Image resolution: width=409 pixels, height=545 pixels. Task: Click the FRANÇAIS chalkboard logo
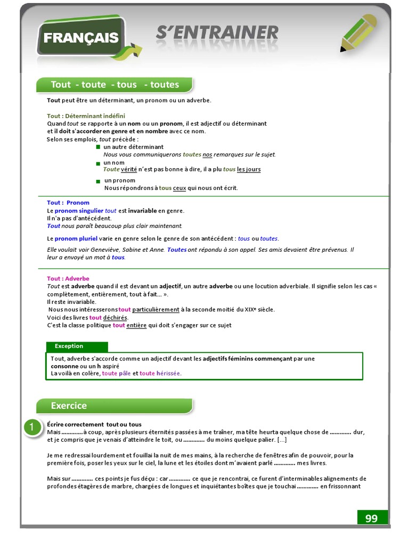point(81,38)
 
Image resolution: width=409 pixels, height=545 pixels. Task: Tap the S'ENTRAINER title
point(217,33)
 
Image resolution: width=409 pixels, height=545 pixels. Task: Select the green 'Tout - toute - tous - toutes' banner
point(114,85)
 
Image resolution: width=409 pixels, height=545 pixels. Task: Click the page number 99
point(371,518)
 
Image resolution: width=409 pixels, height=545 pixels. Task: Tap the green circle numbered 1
point(32,428)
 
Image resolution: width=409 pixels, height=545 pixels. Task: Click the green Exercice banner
point(114,406)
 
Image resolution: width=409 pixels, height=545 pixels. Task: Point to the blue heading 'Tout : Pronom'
point(68,203)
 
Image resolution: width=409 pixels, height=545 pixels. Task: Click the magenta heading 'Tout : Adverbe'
point(68,279)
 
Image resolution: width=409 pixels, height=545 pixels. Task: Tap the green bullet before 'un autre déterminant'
point(98,147)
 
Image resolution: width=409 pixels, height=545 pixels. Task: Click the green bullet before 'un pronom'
point(98,181)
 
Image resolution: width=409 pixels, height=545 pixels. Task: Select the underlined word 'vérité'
point(129,170)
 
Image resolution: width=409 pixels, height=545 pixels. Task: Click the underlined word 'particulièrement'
point(156,310)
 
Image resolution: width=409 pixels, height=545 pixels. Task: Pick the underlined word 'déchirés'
point(116,318)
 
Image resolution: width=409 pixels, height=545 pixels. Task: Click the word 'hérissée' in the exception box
point(168,374)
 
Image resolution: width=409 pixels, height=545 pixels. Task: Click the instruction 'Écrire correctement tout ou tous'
point(94,424)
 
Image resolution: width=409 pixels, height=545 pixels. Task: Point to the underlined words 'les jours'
point(249,170)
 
